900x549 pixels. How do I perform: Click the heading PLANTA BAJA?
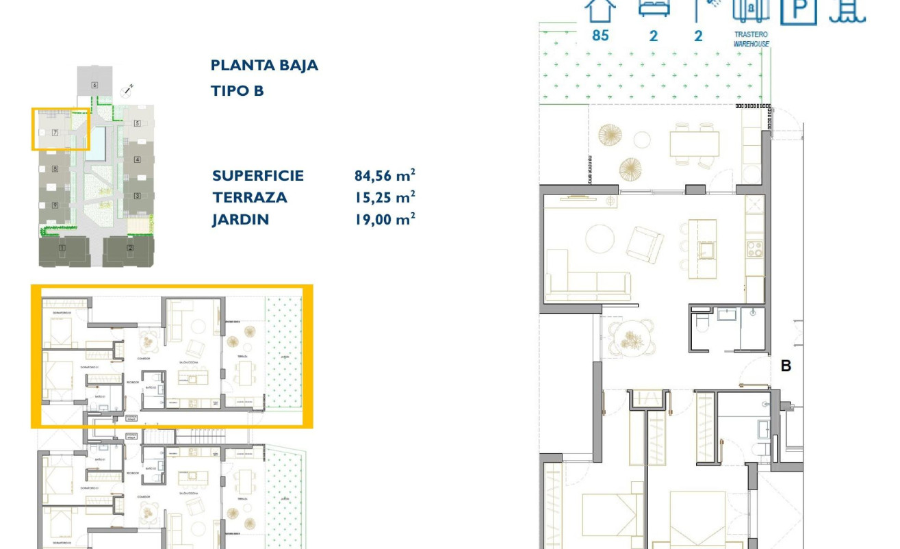click(264, 66)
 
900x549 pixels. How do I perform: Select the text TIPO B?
click(237, 90)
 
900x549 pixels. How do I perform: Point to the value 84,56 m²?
click(385, 175)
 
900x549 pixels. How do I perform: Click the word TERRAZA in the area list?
click(249, 198)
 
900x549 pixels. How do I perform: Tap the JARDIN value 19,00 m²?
click(385, 220)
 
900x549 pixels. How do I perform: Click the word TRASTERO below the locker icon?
click(751, 34)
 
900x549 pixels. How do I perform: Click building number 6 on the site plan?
click(94, 85)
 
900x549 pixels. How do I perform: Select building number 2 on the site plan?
click(130, 248)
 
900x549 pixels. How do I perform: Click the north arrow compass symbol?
click(127, 89)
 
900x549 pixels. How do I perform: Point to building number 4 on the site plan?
click(137, 159)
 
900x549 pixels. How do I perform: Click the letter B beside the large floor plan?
click(786, 366)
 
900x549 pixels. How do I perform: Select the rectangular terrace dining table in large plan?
click(694, 144)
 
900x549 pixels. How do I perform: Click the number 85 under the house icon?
click(600, 35)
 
